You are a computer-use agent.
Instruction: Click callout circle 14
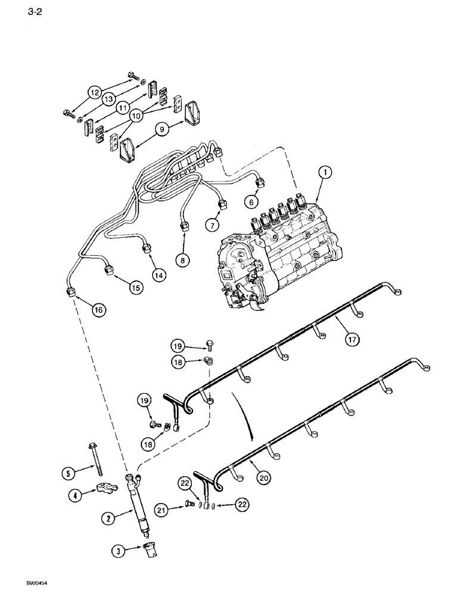point(158,275)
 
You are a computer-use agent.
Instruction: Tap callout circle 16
point(98,309)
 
